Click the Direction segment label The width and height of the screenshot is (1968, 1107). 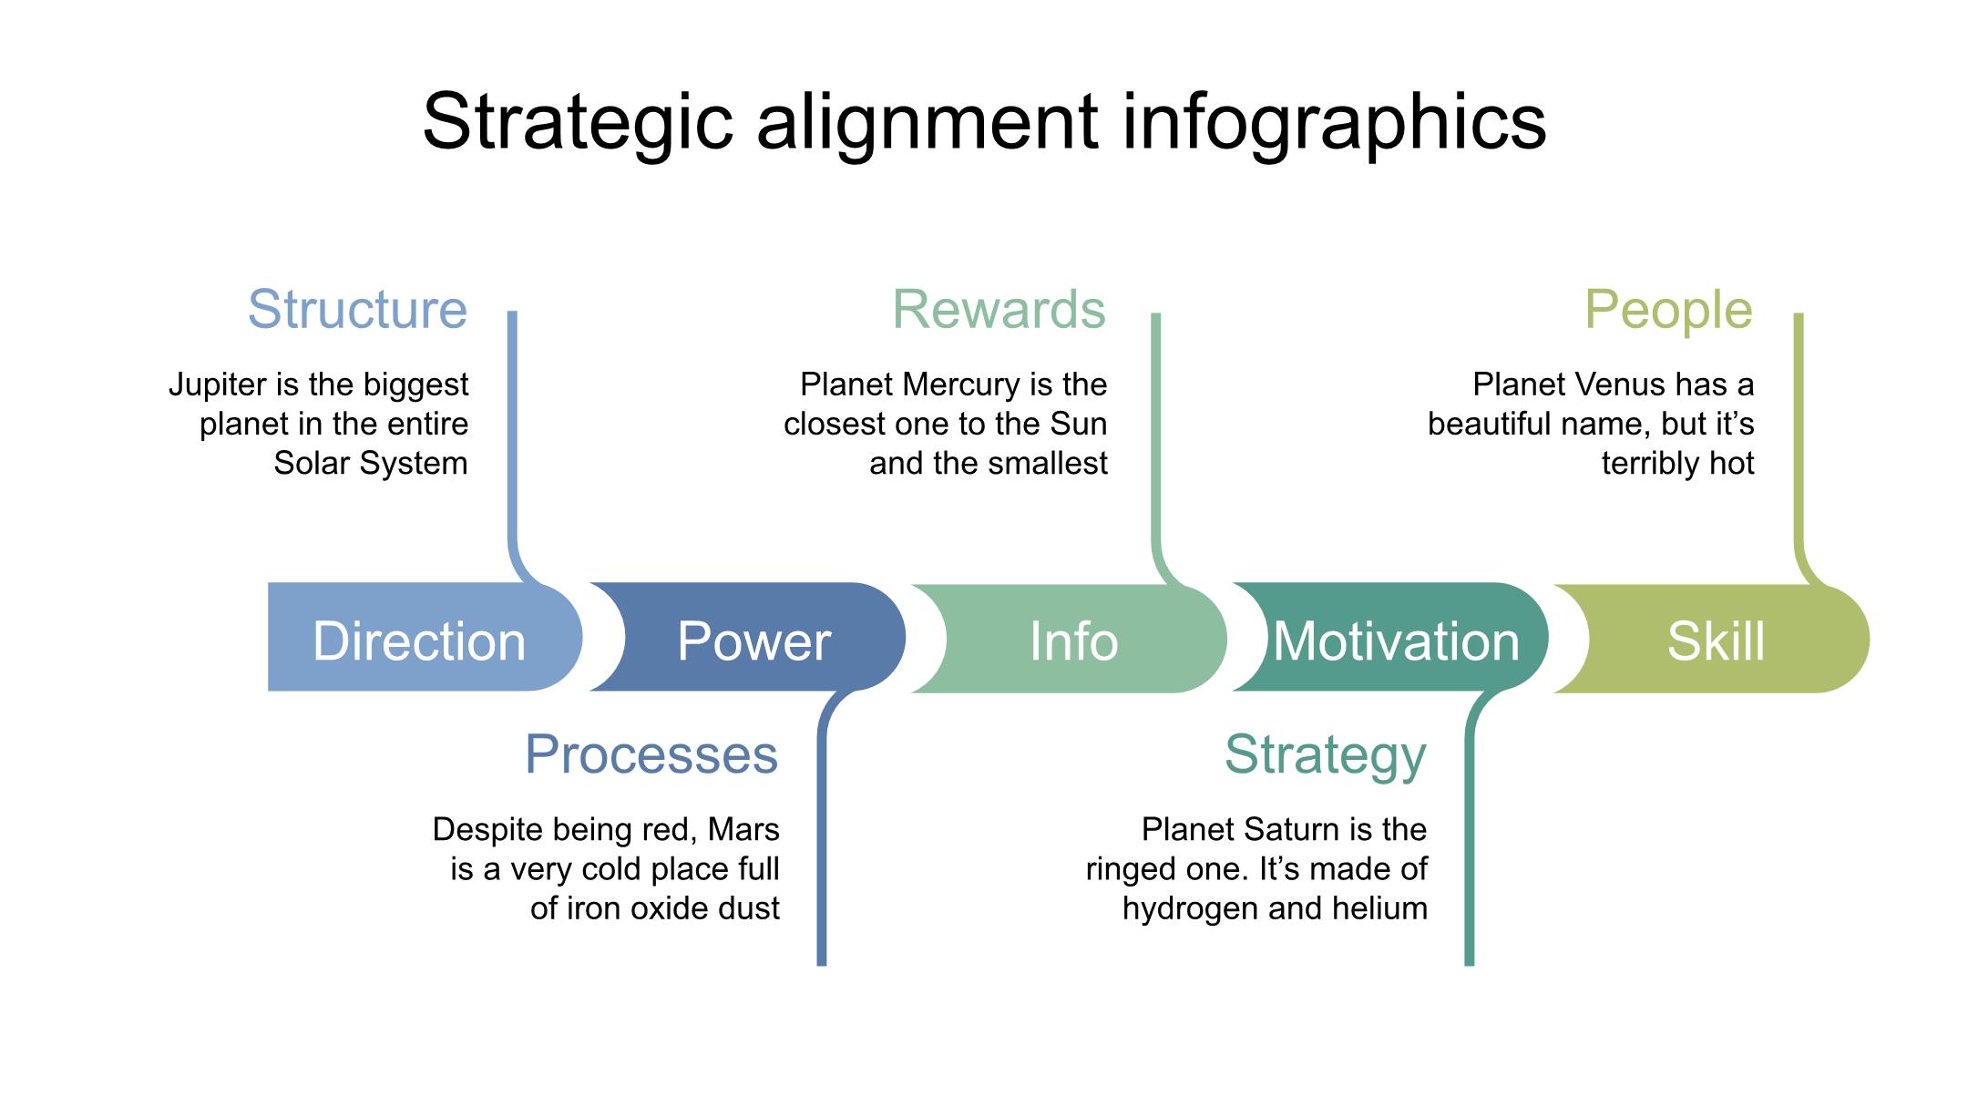(x=419, y=641)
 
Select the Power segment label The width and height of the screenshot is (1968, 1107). (x=753, y=641)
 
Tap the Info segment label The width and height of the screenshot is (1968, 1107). (x=1073, y=641)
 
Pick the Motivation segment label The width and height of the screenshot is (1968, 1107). (x=1396, y=641)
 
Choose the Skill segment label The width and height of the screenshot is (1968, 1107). (x=1716, y=641)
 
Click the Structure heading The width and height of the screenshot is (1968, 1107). (x=357, y=309)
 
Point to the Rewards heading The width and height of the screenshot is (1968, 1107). (x=999, y=309)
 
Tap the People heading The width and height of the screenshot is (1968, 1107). (x=1668, y=309)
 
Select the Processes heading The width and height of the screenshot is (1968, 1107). (x=651, y=754)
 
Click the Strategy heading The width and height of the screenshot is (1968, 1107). (x=1325, y=754)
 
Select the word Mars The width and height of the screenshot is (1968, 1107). (x=743, y=829)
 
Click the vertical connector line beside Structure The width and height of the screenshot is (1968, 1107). (x=512, y=428)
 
